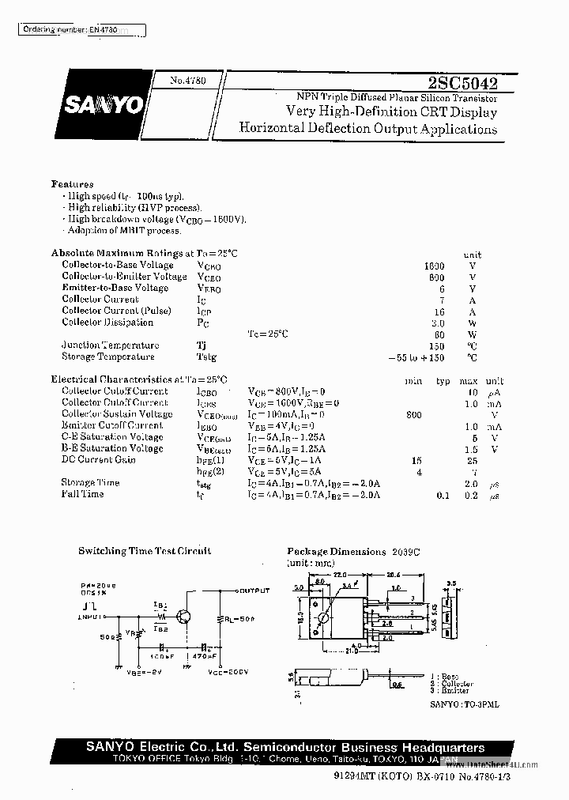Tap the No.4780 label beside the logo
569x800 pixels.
click(x=187, y=80)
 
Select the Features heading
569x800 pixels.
click(x=73, y=183)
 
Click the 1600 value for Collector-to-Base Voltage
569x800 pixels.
click(x=434, y=266)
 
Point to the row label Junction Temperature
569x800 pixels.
click(x=110, y=345)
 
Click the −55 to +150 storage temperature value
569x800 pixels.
click(x=416, y=357)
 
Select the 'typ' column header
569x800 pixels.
click(x=443, y=381)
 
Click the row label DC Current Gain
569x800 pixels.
click(x=99, y=459)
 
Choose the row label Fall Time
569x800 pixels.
click(x=83, y=494)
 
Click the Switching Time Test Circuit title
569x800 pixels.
click(x=145, y=551)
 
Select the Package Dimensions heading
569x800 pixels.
click(x=336, y=551)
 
